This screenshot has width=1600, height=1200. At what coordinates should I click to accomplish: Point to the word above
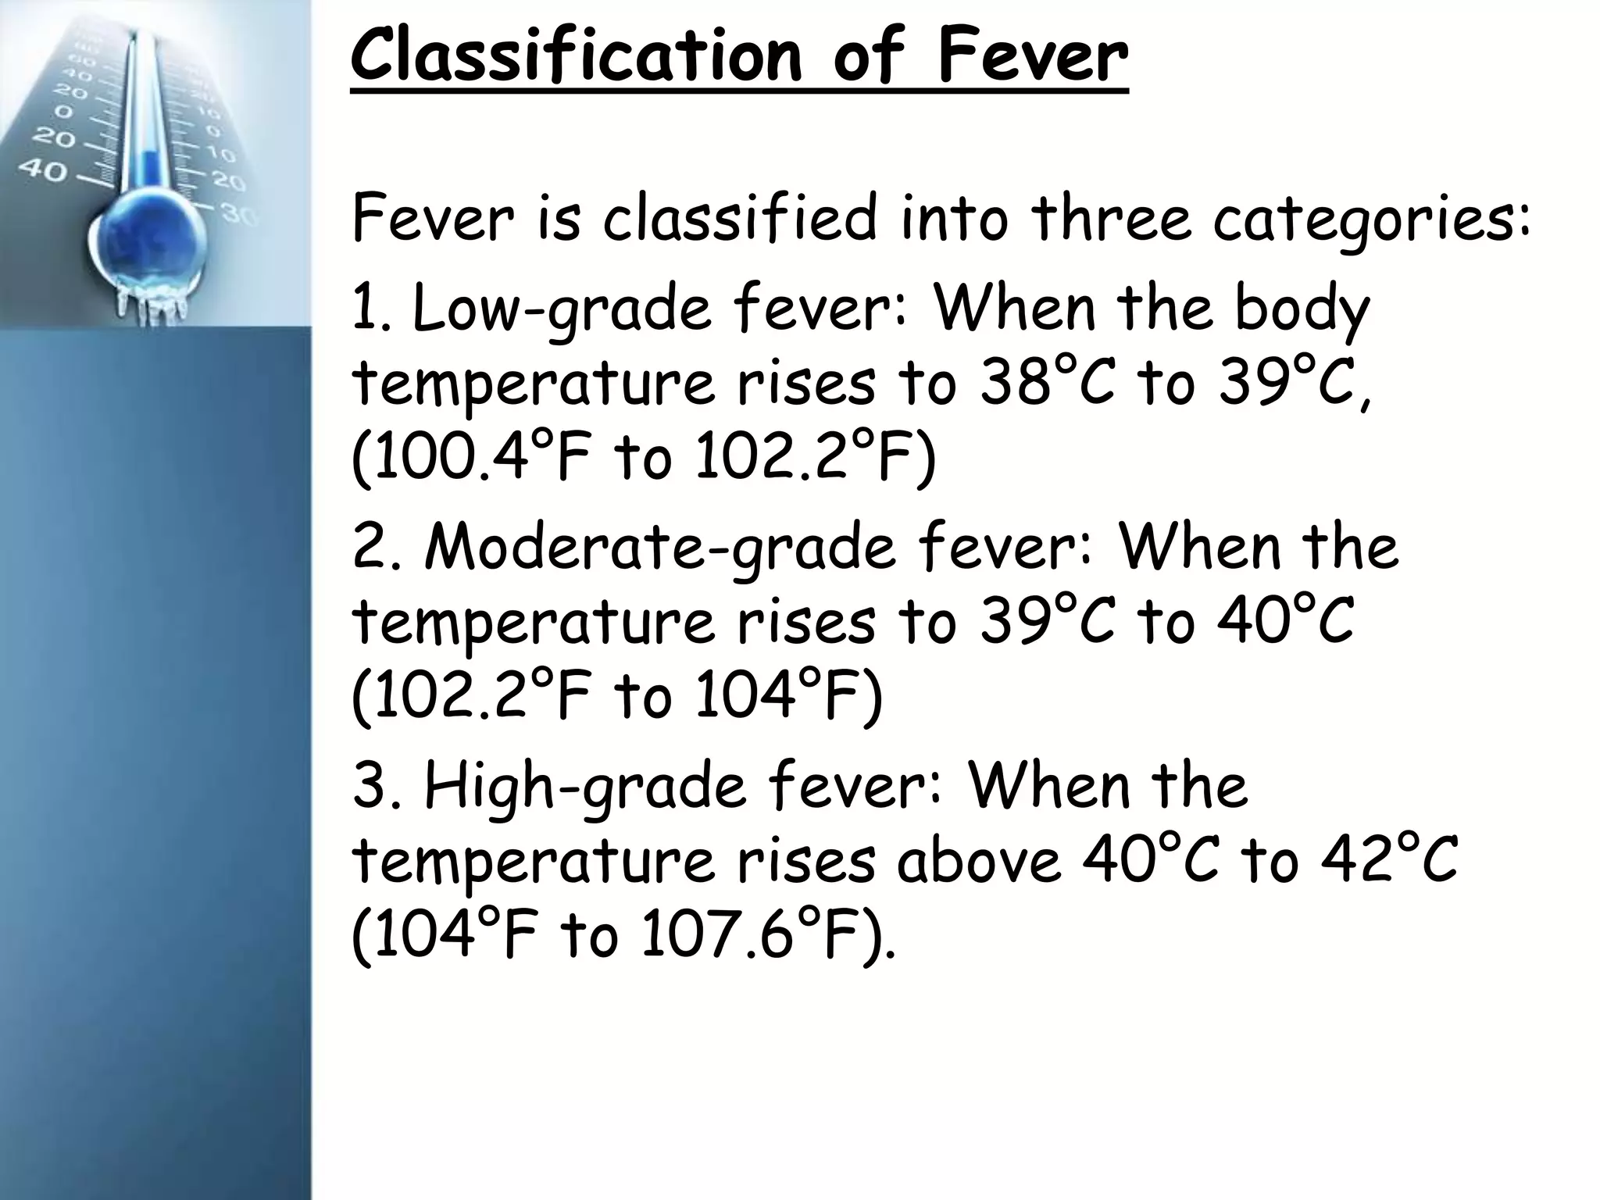click(978, 859)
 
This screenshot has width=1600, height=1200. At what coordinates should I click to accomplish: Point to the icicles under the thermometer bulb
click(152, 305)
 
